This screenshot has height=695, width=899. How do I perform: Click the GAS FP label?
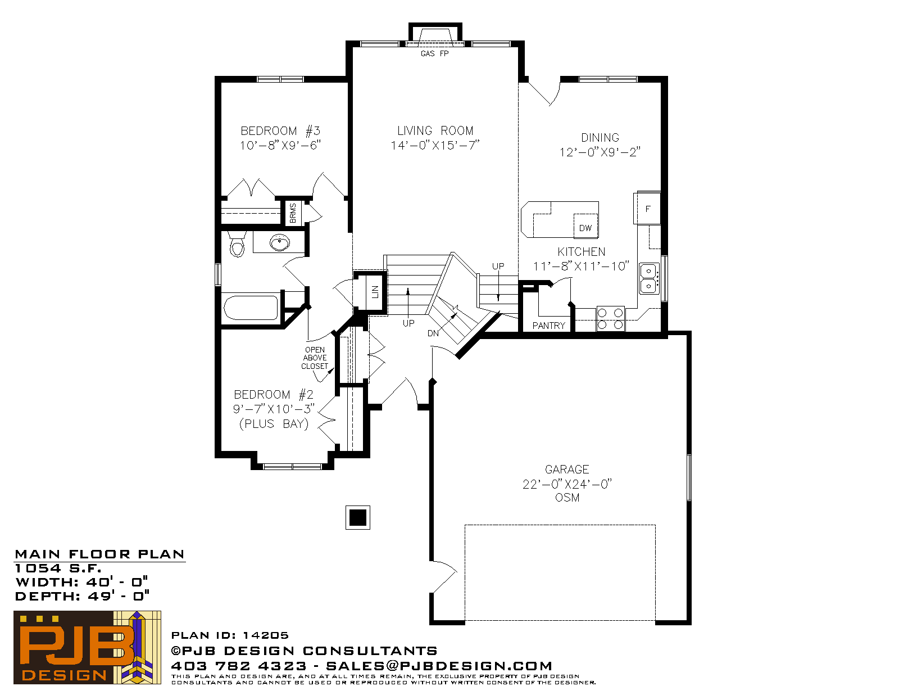click(434, 53)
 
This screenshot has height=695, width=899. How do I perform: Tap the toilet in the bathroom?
click(237, 245)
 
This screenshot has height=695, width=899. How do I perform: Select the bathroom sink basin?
click(280, 242)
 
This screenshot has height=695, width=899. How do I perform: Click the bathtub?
click(251, 308)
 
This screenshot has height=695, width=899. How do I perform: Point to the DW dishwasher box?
click(585, 226)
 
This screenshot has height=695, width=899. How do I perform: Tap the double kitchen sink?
click(649, 278)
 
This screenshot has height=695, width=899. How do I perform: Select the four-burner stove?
click(610, 319)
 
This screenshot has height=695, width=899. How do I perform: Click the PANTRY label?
click(548, 326)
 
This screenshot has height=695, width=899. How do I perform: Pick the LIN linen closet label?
click(375, 291)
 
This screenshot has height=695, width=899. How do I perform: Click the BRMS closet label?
click(293, 213)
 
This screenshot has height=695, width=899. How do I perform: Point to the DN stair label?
click(433, 333)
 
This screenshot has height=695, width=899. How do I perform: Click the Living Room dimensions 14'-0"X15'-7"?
click(435, 145)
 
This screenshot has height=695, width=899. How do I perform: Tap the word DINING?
click(600, 137)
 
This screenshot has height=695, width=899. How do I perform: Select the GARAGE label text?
click(567, 470)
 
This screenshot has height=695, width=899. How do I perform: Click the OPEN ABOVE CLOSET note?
click(315, 358)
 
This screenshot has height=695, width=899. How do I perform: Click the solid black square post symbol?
click(357, 517)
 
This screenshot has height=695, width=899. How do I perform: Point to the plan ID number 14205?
click(265, 635)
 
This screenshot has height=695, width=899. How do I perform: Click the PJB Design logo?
click(87, 647)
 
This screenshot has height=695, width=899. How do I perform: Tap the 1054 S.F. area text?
click(58, 568)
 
